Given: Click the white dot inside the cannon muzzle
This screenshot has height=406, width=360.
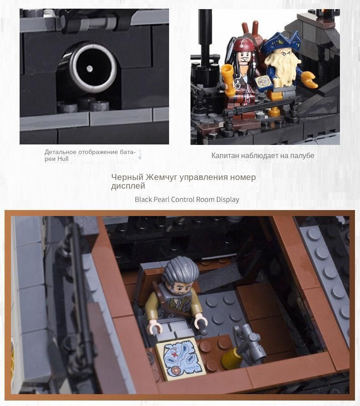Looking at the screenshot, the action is (90, 69).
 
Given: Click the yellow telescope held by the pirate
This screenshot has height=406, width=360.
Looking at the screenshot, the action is (228, 79).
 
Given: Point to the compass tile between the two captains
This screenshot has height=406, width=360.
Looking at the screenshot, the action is (264, 83).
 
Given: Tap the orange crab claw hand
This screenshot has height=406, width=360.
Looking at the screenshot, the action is (309, 79).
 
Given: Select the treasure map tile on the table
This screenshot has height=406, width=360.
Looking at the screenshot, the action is (181, 358).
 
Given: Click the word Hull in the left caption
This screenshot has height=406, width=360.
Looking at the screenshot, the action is (63, 159).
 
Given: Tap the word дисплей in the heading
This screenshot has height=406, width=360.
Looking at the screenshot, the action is (128, 186).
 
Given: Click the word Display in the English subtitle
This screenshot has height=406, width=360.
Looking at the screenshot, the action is (228, 200).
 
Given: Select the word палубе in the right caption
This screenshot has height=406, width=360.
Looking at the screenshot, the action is (302, 156).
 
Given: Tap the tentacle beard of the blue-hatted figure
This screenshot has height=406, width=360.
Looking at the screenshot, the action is (282, 69).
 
